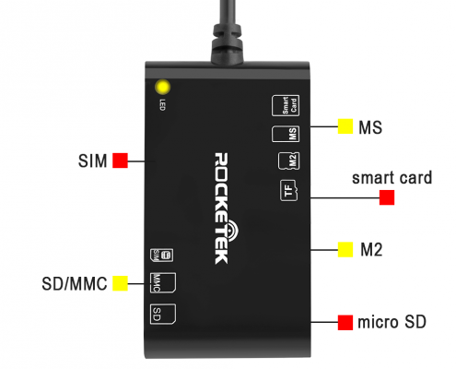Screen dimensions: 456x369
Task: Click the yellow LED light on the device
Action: click(162, 87)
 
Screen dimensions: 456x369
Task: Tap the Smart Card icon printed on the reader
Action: click(286, 105)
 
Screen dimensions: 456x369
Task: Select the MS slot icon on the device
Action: click(286, 134)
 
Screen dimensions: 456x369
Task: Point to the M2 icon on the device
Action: click(288, 161)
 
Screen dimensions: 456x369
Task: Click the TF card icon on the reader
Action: click(288, 191)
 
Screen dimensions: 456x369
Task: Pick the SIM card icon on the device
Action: click(161, 256)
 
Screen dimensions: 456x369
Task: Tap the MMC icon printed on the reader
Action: click(163, 282)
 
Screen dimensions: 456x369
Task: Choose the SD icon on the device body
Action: click(163, 314)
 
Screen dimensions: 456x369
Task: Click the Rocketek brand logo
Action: click(225, 208)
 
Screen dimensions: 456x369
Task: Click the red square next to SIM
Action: click(120, 161)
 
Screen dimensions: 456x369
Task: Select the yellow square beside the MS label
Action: click(345, 126)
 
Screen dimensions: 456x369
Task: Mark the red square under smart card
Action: click(387, 197)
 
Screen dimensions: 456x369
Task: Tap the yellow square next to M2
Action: click(345, 250)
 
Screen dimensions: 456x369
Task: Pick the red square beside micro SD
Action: click(345, 323)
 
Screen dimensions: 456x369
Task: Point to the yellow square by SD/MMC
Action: click(120, 283)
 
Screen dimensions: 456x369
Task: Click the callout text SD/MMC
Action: click(75, 283)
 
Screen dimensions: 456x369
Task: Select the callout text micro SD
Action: click(392, 322)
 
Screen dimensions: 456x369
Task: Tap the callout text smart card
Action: click(392, 178)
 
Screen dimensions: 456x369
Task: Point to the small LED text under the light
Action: click(162, 105)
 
